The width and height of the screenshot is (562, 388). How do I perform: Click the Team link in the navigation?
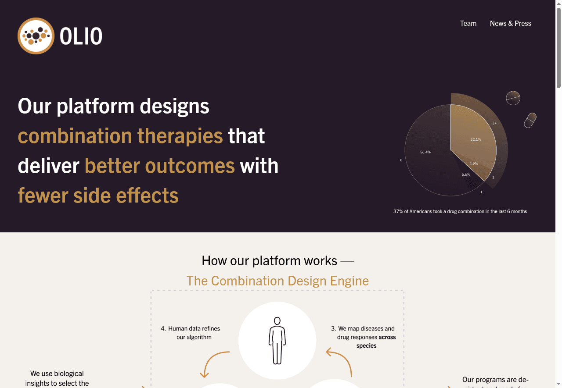click(x=468, y=23)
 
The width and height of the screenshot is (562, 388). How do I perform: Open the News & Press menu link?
click(x=510, y=23)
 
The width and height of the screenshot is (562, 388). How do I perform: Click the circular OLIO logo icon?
click(x=36, y=36)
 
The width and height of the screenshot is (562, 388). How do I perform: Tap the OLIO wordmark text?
click(x=81, y=36)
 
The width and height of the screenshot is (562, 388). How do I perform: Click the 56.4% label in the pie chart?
click(x=425, y=152)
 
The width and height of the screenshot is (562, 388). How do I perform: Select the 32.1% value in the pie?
click(x=476, y=139)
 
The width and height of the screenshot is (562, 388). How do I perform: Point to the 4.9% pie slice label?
click(x=473, y=164)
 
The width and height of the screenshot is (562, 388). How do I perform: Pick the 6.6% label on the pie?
click(x=466, y=174)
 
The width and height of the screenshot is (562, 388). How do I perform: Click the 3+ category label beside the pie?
click(x=494, y=123)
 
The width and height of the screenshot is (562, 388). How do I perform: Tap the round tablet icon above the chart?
click(x=513, y=98)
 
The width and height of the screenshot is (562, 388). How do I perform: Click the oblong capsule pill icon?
click(x=530, y=120)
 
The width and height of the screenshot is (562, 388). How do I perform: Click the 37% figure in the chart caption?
click(x=398, y=211)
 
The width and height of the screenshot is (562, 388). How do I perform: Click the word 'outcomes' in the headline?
click(x=190, y=166)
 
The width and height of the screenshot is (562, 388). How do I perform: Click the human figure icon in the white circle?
click(x=277, y=341)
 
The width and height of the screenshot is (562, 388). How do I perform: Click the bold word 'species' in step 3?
click(x=366, y=345)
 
